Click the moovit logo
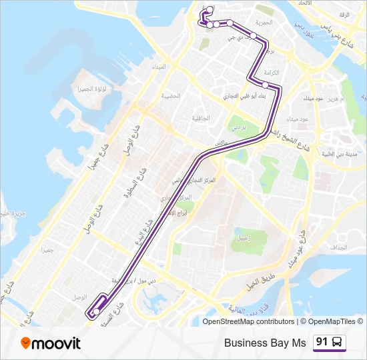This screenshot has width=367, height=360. point(51,343)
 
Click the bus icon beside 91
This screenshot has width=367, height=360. point(338,343)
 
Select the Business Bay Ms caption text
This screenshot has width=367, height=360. point(265,343)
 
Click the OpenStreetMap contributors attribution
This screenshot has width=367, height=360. point(248,322)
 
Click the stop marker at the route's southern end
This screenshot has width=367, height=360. point(97,311)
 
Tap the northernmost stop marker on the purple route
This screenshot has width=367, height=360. point(210,9)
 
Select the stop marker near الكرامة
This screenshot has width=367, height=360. point(265,85)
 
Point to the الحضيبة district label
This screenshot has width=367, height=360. point(170,96)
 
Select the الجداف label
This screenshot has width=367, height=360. point(338,247)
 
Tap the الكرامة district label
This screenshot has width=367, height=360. point(270,72)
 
